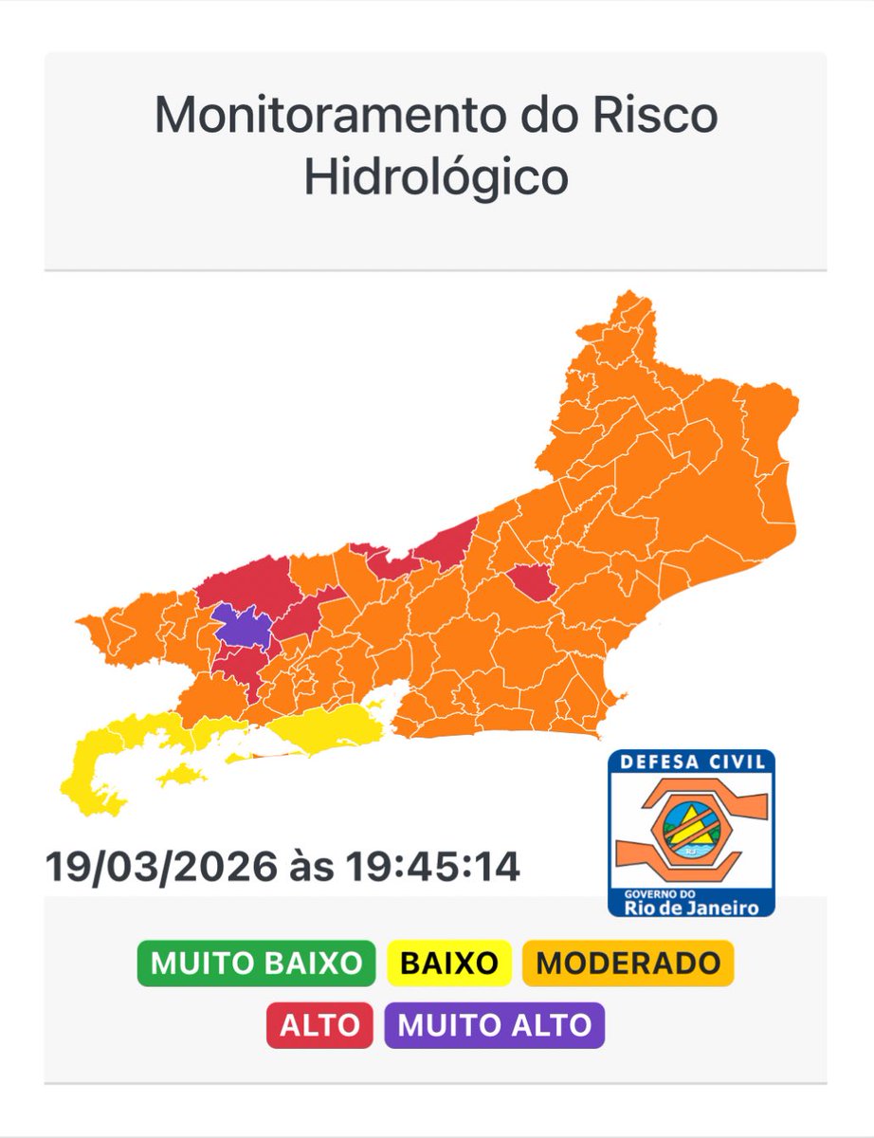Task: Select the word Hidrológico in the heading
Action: coord(436,177)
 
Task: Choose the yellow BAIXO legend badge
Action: coord(449,964)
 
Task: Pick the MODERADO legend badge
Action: coord(628,964)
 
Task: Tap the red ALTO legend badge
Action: coord(319,1025)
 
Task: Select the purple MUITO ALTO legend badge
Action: coord(494,1025)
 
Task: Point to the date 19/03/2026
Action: coord(161,867)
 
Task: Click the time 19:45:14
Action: coord(432,867)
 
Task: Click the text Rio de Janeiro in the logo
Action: coord(691,908)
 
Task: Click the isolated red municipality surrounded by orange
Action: coord(530,580)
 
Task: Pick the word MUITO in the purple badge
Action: coord(438,1025)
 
